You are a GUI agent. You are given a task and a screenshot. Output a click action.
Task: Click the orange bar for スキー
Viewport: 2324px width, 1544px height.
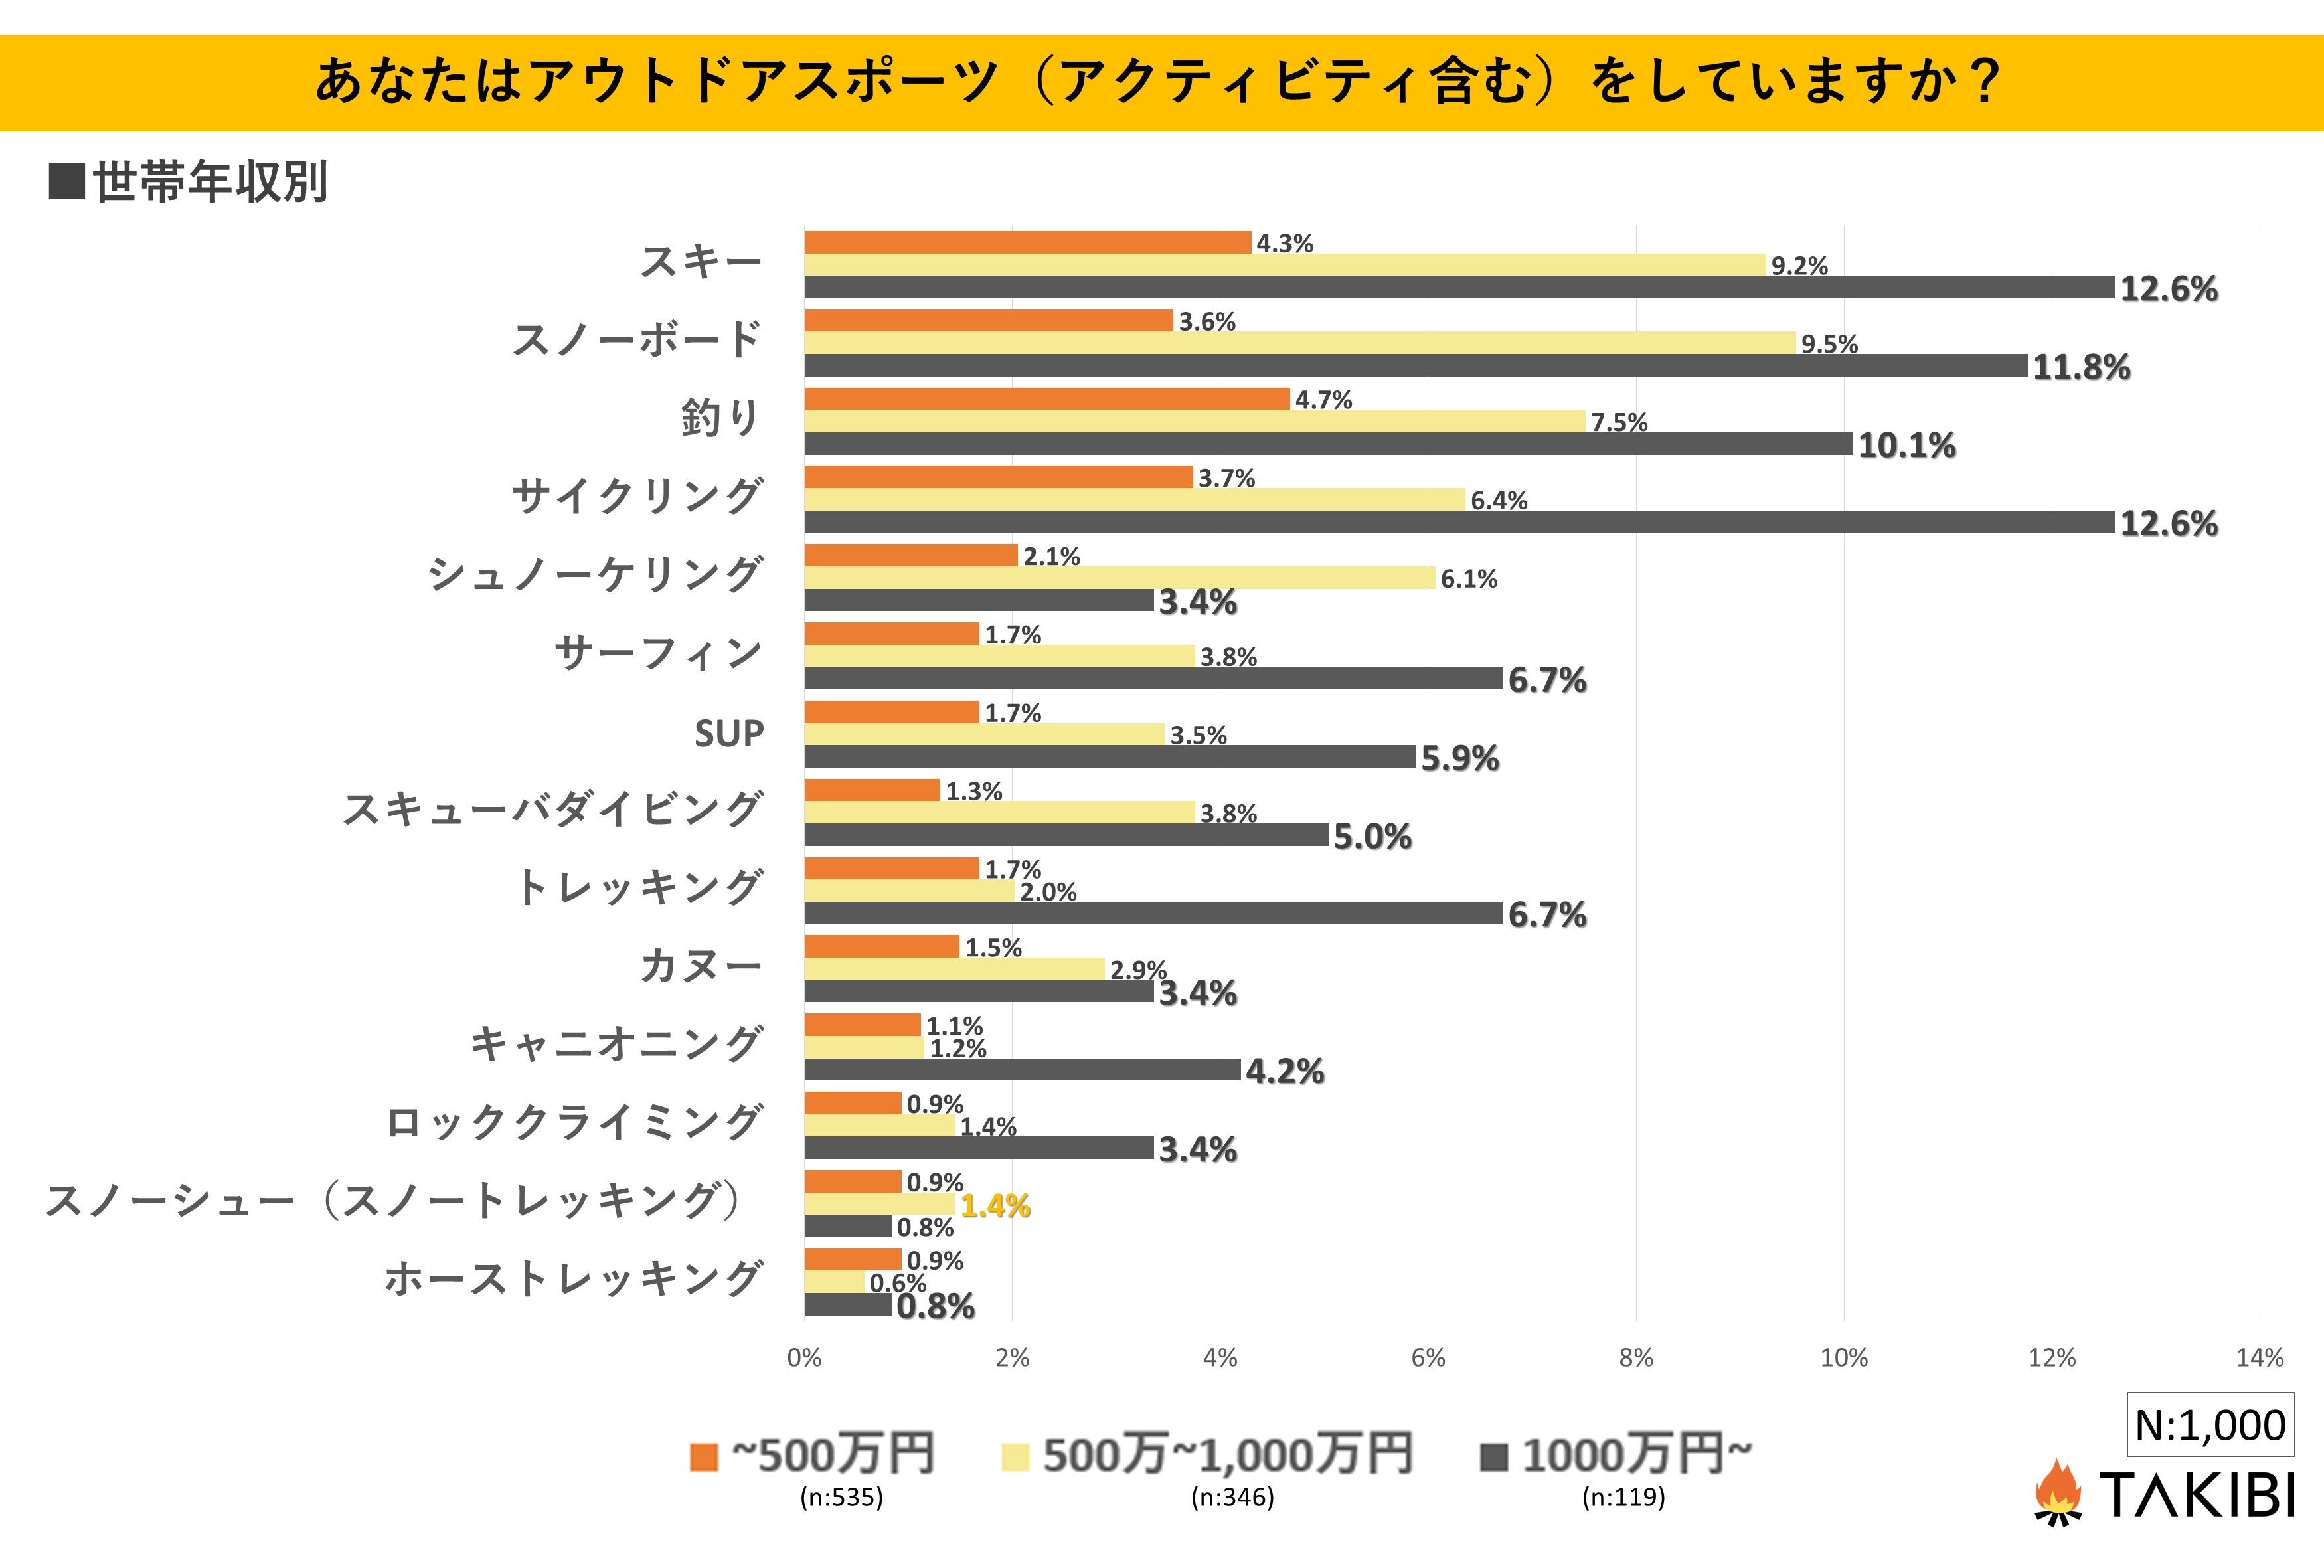1027,242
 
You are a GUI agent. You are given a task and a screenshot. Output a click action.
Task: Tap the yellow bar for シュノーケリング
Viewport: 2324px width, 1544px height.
1120,578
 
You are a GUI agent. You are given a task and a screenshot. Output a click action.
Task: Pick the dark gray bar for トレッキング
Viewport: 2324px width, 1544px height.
1153,914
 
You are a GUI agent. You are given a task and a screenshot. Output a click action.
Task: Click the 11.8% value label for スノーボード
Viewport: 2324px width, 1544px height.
2081,367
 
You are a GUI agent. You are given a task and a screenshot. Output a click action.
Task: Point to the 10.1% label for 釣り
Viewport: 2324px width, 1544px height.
1906,445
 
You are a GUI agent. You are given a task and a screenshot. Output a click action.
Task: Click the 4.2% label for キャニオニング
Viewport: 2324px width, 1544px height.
1285,1071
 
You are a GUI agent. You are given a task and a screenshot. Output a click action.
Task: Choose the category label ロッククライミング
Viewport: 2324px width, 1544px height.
574,1122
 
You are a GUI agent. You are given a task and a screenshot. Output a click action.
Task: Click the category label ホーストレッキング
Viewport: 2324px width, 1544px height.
573,1279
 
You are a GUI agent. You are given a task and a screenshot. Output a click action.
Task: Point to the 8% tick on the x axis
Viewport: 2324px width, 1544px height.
1636,1358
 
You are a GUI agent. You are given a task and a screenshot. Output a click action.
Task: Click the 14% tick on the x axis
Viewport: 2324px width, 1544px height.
2259,1358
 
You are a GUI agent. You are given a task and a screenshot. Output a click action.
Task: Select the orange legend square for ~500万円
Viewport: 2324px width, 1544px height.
704,1456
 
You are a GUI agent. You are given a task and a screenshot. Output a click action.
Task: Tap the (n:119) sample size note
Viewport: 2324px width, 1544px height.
1623,1498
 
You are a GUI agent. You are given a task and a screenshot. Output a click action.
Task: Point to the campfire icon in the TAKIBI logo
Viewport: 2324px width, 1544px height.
2057,1492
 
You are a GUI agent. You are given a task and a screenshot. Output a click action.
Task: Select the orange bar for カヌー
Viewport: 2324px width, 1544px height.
881,946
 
